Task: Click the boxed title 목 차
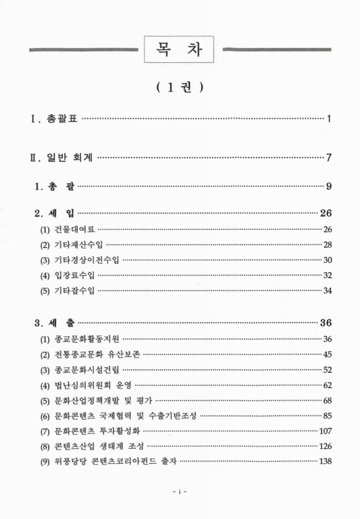coord(180,49)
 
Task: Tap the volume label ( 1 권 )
coord(180,88)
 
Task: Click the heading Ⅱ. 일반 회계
coord(61,157)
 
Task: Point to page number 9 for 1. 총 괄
coord(330,187)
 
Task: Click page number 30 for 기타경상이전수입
coord(328,259)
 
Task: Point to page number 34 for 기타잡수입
coord(328,289)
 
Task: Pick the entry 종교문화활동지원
coord(85,339)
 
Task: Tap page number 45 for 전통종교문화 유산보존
coord(328,354)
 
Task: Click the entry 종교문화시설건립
coord(85,370)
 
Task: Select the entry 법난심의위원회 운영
coord(90,385)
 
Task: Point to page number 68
coord(328,400)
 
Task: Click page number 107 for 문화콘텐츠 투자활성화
coord(326,431)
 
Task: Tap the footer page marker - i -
coord(180,492)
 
